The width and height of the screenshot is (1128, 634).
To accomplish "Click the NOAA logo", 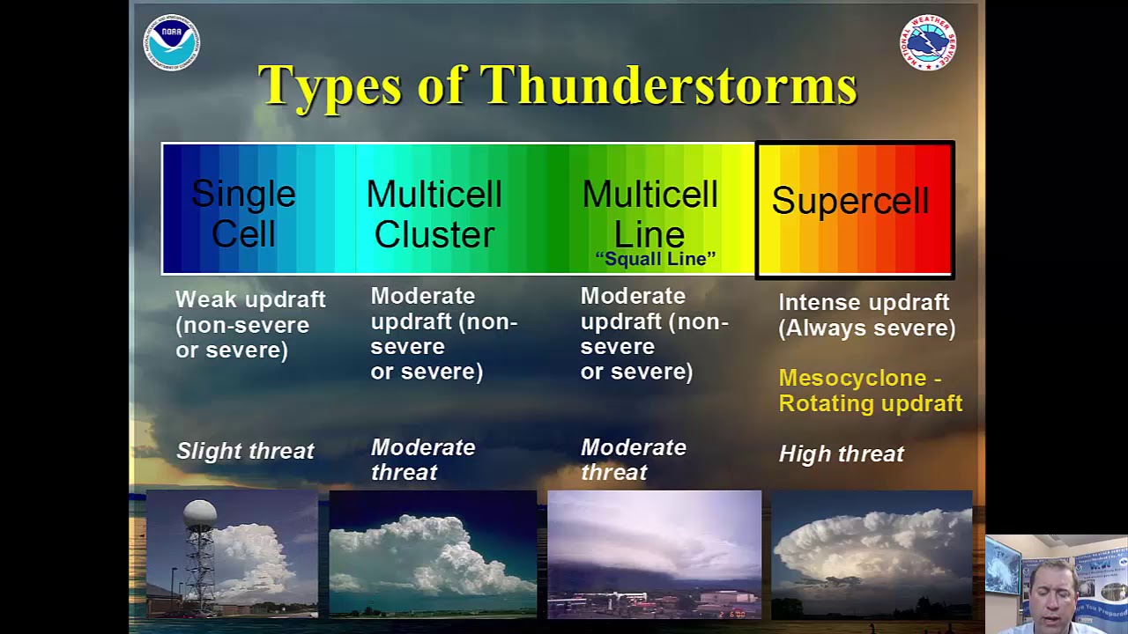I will [172, 42].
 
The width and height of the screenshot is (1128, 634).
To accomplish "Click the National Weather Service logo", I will [928, 42].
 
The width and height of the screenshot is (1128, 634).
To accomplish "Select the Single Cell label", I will [243, 213].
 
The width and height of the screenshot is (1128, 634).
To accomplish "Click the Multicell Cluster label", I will [434, 213].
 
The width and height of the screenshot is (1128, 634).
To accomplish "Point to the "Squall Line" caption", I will [655, 259].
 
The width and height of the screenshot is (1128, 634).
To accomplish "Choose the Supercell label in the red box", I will [850, 201].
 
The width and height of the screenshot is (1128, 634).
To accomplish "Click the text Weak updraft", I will [250, 299].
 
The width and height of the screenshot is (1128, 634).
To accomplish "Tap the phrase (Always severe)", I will [867, 328].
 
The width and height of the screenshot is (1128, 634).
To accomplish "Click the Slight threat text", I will [245, 451].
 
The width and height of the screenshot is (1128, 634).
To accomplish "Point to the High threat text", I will [842, 453].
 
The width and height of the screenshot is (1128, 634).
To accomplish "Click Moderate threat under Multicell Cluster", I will [423, 459].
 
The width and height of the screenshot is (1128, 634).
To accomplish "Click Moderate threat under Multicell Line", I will [633, 459].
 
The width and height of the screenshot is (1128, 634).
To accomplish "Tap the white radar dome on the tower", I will [200, 516].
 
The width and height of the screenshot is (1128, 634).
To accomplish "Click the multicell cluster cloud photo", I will [433, 555].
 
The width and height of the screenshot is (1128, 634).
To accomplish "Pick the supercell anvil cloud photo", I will [871, 555].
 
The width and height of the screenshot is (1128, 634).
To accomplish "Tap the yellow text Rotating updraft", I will [870, 403].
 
